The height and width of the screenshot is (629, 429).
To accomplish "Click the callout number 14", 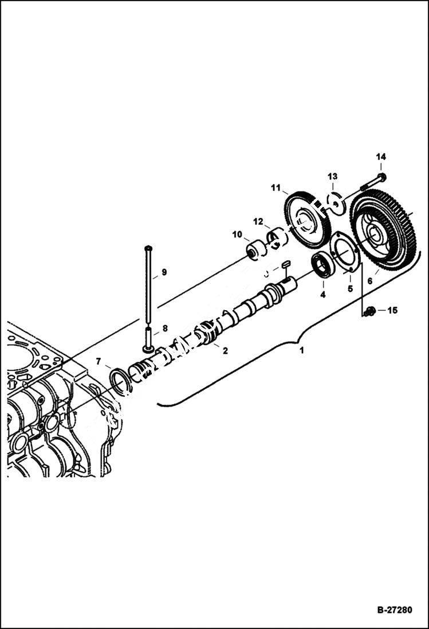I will click(x=381, y=157).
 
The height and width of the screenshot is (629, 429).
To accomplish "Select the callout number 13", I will click(x=332, y=176).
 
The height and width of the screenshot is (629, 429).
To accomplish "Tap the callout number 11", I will click(x=275, y=187).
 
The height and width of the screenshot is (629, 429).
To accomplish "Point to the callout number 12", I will click(x=258, y=221).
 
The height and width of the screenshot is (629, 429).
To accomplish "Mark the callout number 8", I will click(x=165, y=329).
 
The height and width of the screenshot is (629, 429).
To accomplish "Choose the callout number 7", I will click(x=99, y=361).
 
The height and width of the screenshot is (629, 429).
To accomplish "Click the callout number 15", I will click(x=392, y=311).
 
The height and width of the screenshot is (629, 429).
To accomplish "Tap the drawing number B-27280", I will click(x=394, y=610).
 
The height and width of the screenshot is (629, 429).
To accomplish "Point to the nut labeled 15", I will click(x=369, y=311).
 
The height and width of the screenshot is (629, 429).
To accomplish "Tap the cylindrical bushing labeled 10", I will click(x=253, y=251).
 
